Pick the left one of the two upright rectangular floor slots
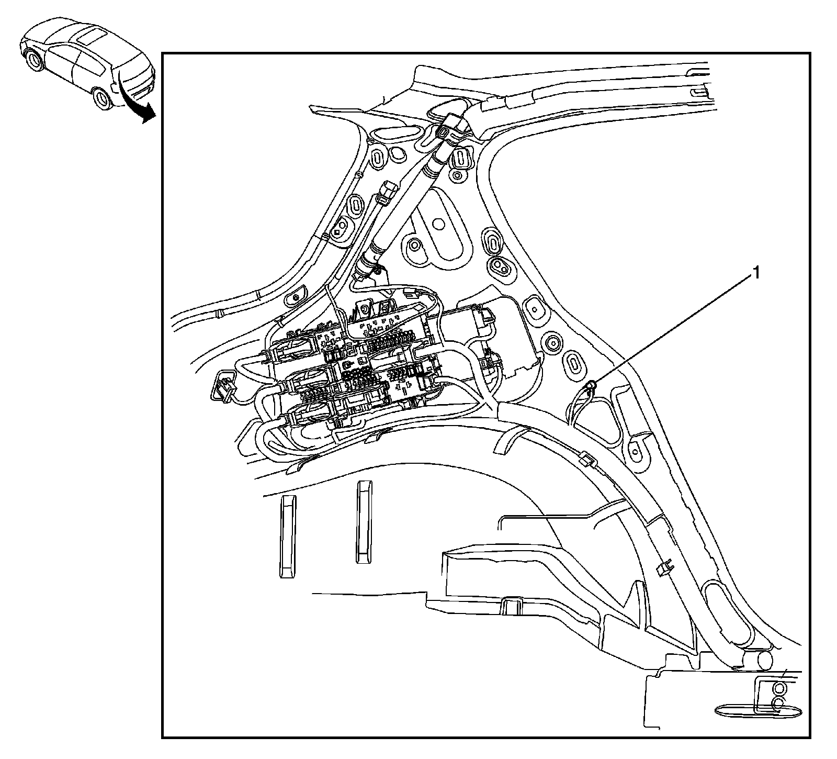pyautogui.click(x=287, y=536)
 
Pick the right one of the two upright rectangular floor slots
pyautogui.click(x=364, y=522)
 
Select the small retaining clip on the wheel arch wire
pyautogui.click(x=586, y=460)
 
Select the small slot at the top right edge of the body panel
pyautogui.click(x=699, y=92)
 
